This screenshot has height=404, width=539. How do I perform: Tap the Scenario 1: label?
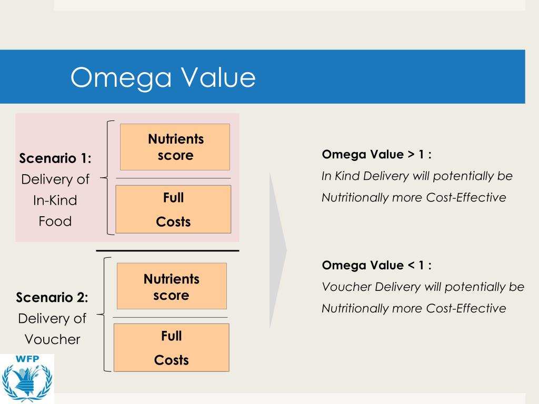(55, 158)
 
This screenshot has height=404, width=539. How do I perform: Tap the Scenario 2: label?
(52, 297)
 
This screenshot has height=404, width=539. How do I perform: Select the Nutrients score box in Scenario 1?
(175, 147)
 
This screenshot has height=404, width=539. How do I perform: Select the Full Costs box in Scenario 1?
(173, 209)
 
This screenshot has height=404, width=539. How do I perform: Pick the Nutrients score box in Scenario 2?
(172, 286)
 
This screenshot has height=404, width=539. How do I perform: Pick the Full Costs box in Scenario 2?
(172, 348)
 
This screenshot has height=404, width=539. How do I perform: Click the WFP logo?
(27, 378)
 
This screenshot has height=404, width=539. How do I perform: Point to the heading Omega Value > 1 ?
(376, 155)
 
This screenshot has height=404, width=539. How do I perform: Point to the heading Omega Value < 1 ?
(376, 265)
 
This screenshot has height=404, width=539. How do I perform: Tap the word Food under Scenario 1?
(55, 221)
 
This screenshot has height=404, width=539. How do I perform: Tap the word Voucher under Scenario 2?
(53, 339)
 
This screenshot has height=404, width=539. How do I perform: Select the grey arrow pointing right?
(278, 250)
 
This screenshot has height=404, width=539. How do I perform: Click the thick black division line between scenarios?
(167, 251)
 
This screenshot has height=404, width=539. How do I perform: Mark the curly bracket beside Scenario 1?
(107, 178)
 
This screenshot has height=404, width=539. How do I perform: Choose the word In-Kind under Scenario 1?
(55, 200)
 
